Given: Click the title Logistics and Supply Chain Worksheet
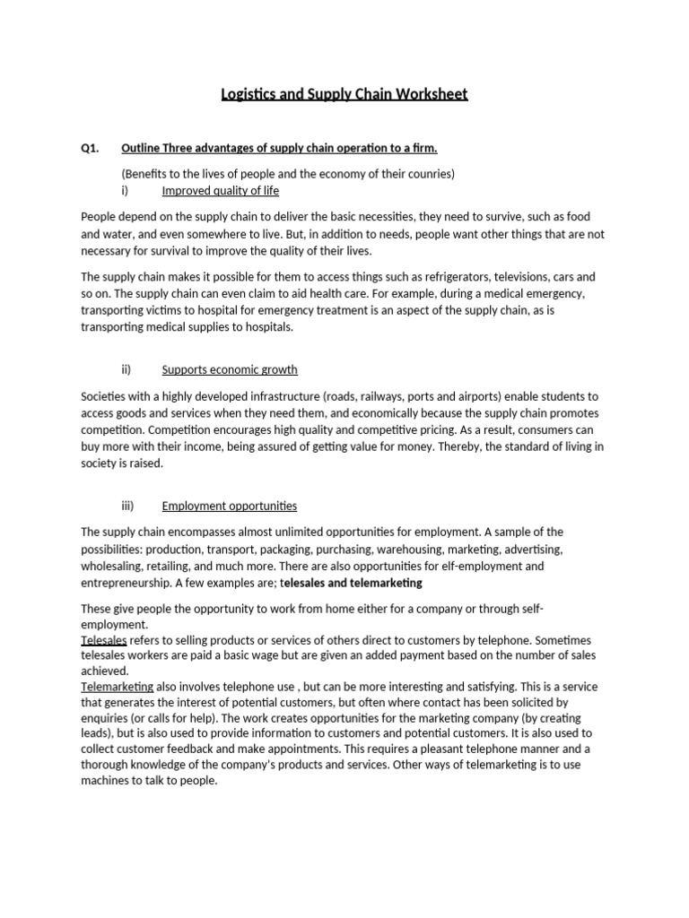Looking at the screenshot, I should [x=344, y=94].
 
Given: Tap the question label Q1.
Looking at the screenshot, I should [x=90, y=148].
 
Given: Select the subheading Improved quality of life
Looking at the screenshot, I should [x=220, y=191].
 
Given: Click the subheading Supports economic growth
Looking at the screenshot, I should [x=229, y=369].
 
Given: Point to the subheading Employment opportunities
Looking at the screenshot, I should [x=229, y=506].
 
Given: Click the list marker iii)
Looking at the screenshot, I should [x=126, y=506].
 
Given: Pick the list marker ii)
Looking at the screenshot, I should [x=126, y=369].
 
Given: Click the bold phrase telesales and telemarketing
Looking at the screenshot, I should [x=352, y=584].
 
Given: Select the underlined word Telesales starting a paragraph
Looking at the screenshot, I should [x=104, y=640].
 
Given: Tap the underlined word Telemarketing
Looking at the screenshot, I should [x=118, y=687].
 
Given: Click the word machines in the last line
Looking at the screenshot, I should [x=107, y=781].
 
